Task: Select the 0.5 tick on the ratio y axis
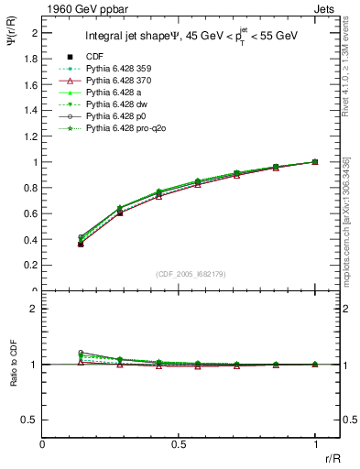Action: [x=31, y=420]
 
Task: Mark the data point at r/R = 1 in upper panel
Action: [x=315, y=162]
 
